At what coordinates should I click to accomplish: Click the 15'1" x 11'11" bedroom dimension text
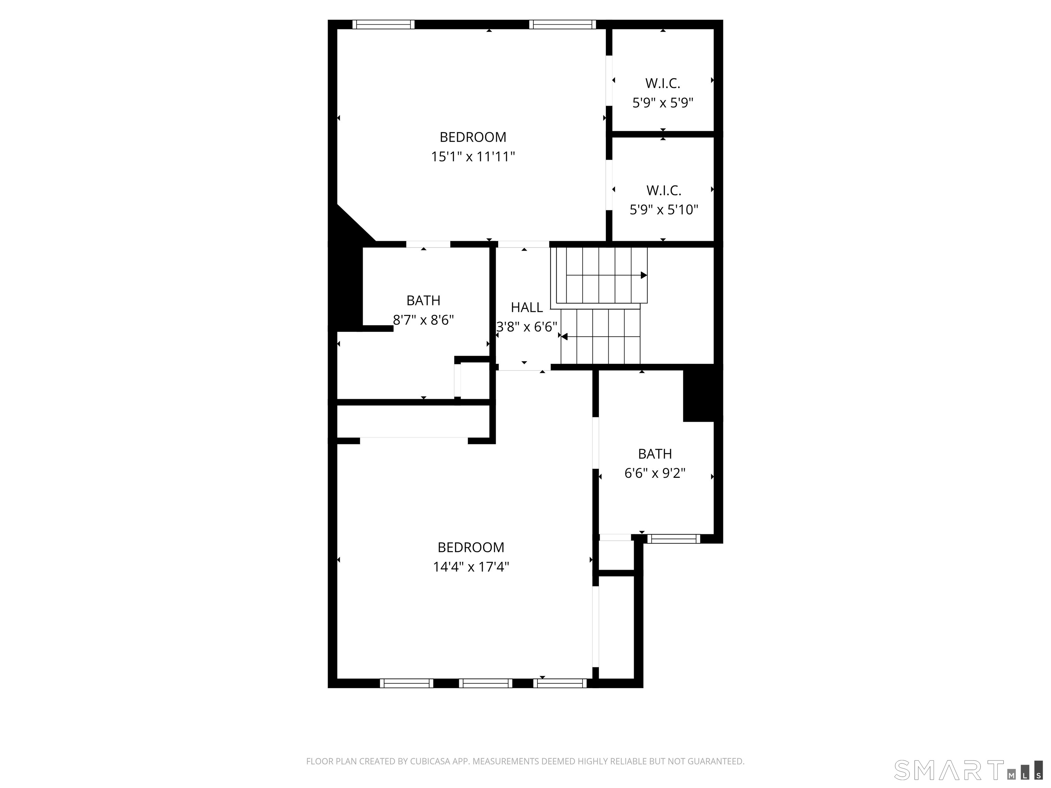(473, 157)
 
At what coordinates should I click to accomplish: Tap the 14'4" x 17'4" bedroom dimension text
(471, 567)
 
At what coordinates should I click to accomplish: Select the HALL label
(527, 308)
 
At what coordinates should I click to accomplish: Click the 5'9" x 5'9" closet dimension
(663, 103)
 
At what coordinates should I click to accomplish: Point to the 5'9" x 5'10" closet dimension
(664, 210)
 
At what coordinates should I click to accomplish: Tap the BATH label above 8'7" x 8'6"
(423, 301)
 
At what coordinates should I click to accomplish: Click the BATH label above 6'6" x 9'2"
(655, 454)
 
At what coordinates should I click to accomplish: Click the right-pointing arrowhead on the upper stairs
(644, 275)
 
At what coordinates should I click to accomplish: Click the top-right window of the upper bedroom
(562, 24)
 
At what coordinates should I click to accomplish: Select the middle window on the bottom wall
(485, 683)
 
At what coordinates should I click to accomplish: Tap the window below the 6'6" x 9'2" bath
(674, 539)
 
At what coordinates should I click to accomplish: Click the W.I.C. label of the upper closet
(663, 83)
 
